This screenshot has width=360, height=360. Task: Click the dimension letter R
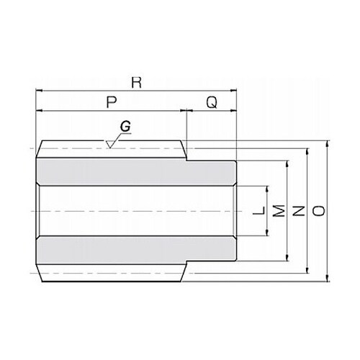(x=137, y=82)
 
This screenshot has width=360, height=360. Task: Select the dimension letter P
(x=112, y=102)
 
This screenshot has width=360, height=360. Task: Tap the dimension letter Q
(x=212, y=102)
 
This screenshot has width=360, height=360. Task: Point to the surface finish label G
(x=125, y=126)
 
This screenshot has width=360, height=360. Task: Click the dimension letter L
(x=259, y=210)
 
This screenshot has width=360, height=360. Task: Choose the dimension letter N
(x=299, y=210)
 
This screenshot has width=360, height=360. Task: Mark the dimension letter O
(x=319, y=210)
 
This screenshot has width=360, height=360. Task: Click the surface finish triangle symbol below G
(x=110, y=145)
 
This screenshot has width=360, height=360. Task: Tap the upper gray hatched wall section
(x=136, y=172)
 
